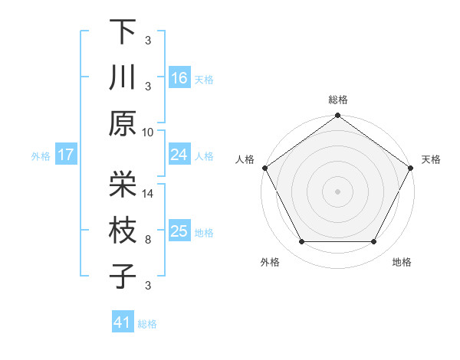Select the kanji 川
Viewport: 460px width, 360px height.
[123, 77]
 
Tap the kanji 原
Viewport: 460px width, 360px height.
[123, 124]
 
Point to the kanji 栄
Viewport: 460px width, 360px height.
[123, 184]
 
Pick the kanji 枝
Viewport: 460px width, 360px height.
[123, 231]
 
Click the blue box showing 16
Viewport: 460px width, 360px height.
[179, 77]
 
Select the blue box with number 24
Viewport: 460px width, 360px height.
[179, 155]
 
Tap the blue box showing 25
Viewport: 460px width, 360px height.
[179, 231]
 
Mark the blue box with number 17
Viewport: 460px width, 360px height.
[65, 155]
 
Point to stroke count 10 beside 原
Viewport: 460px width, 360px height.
[148, 132]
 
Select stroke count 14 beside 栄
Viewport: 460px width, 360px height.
[149, 194]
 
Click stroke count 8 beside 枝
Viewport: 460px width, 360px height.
[149, 240]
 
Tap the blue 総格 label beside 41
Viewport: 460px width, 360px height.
[147, 324]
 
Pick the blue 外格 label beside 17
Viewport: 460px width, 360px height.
[41, 156]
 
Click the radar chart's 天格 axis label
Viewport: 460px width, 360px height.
[431, 159]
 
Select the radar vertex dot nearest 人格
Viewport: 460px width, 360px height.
[264, 168]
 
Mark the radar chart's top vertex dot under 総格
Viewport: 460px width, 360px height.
[338, 116]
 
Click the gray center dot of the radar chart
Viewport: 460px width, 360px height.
[338, 191]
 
